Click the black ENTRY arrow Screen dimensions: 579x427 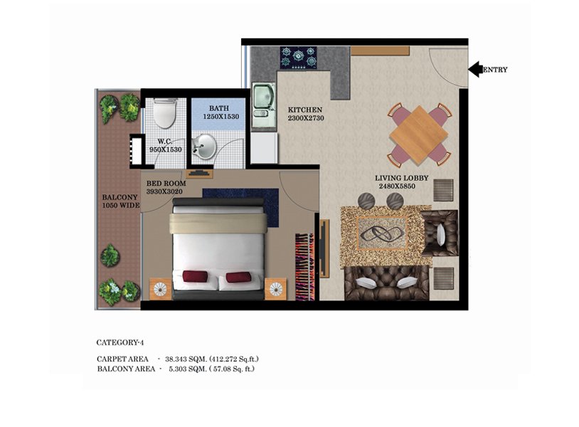[476, 69]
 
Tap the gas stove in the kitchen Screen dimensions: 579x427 [298, 58]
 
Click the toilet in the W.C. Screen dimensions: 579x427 [164, 112]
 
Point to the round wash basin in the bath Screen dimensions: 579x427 [203, 147]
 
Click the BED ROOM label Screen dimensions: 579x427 [166, 183]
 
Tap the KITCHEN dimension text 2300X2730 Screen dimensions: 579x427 [306, 118]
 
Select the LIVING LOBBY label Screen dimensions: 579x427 [402, 178]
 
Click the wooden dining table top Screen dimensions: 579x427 [419, 135]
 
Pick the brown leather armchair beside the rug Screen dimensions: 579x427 [440, 233]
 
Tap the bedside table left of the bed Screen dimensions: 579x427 [160, 289]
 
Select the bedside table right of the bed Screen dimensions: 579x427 [275, 289]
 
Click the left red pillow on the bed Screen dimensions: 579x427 [195, 276]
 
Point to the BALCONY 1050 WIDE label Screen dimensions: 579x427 [121, 201]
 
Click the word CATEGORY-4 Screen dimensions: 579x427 [120, 342]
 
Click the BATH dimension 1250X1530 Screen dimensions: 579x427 [221, 117]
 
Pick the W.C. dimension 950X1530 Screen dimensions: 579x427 [166, 149]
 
